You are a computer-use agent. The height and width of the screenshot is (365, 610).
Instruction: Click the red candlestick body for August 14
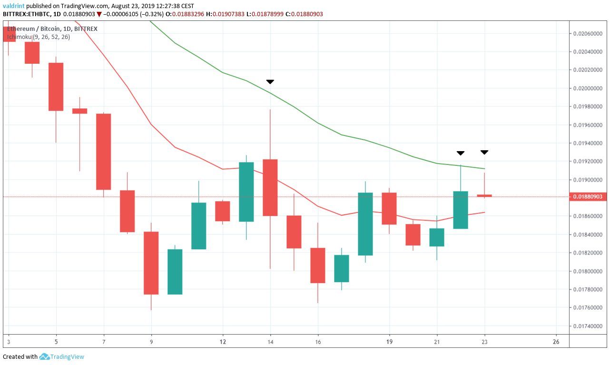point(270,187)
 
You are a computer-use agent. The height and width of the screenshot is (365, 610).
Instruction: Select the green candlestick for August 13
point(246,192)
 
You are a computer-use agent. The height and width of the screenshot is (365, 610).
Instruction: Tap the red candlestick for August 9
point(151,262)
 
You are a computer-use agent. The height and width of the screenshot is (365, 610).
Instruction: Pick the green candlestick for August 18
point(365,224)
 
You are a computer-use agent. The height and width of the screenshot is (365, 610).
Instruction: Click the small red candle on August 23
point(484,195)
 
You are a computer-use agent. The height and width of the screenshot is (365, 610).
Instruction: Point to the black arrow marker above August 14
point(270,82)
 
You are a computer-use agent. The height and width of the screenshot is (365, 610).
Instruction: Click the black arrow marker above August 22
point(461,153)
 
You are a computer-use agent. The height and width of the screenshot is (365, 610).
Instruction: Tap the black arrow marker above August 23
point(484,152)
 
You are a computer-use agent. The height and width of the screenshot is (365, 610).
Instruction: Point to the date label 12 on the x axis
point(223,342)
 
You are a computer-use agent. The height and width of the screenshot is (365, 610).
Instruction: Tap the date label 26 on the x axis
point(556,342)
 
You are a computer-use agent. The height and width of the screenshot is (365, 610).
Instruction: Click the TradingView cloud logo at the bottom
point(45,356)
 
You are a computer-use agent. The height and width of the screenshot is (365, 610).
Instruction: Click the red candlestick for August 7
point(104,152)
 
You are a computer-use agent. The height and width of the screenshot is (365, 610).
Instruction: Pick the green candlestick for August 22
point(461,210)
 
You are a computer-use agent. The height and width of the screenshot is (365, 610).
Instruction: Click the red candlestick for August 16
point(318,265)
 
